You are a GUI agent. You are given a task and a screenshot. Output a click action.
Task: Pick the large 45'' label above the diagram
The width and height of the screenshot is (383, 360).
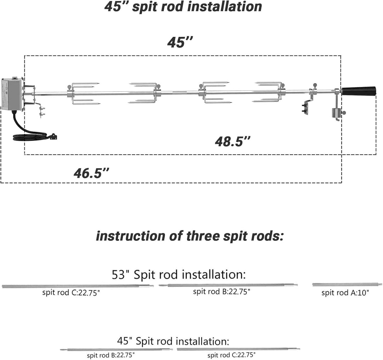pos(180,42)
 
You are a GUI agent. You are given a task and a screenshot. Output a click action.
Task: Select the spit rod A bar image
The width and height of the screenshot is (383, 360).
pos(347,284)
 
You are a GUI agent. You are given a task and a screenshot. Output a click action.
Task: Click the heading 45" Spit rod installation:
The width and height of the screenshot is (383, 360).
pos(173,342)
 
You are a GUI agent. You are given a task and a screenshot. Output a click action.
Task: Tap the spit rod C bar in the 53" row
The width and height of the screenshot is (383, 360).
pos(78,286)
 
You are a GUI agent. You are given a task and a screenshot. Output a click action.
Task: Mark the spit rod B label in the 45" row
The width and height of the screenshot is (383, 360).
pos(111,354)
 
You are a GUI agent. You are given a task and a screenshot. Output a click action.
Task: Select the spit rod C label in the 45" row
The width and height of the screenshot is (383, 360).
pos(231,355)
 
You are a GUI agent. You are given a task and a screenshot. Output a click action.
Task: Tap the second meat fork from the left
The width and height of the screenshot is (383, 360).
pos(144,93)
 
